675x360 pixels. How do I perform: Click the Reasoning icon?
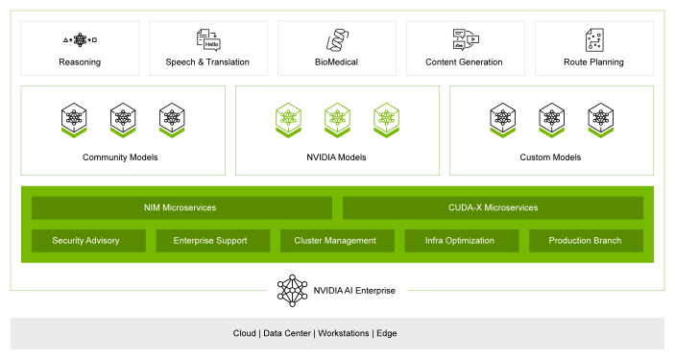[80, 40]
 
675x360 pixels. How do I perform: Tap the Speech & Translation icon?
[208, 40]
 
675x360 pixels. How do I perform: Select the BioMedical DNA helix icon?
[337, 40]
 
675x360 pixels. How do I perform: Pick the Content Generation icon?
[466, 39]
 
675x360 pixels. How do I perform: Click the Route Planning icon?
[594, 40]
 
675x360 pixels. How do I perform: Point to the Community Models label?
[120, 157]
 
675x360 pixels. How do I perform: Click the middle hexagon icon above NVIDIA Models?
[338, 120]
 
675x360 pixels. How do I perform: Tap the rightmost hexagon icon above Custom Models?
[601, 120]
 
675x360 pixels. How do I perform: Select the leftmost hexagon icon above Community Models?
[74, 120]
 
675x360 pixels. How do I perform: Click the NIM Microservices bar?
[181, 208]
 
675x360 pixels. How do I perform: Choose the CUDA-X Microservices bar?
[493, 208]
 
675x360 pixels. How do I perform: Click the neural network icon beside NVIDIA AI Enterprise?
[292, 291]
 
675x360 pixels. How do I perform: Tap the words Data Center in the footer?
[287, 333]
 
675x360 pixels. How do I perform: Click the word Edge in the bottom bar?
[387, 333]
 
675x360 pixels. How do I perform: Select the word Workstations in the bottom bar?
[344, 333]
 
